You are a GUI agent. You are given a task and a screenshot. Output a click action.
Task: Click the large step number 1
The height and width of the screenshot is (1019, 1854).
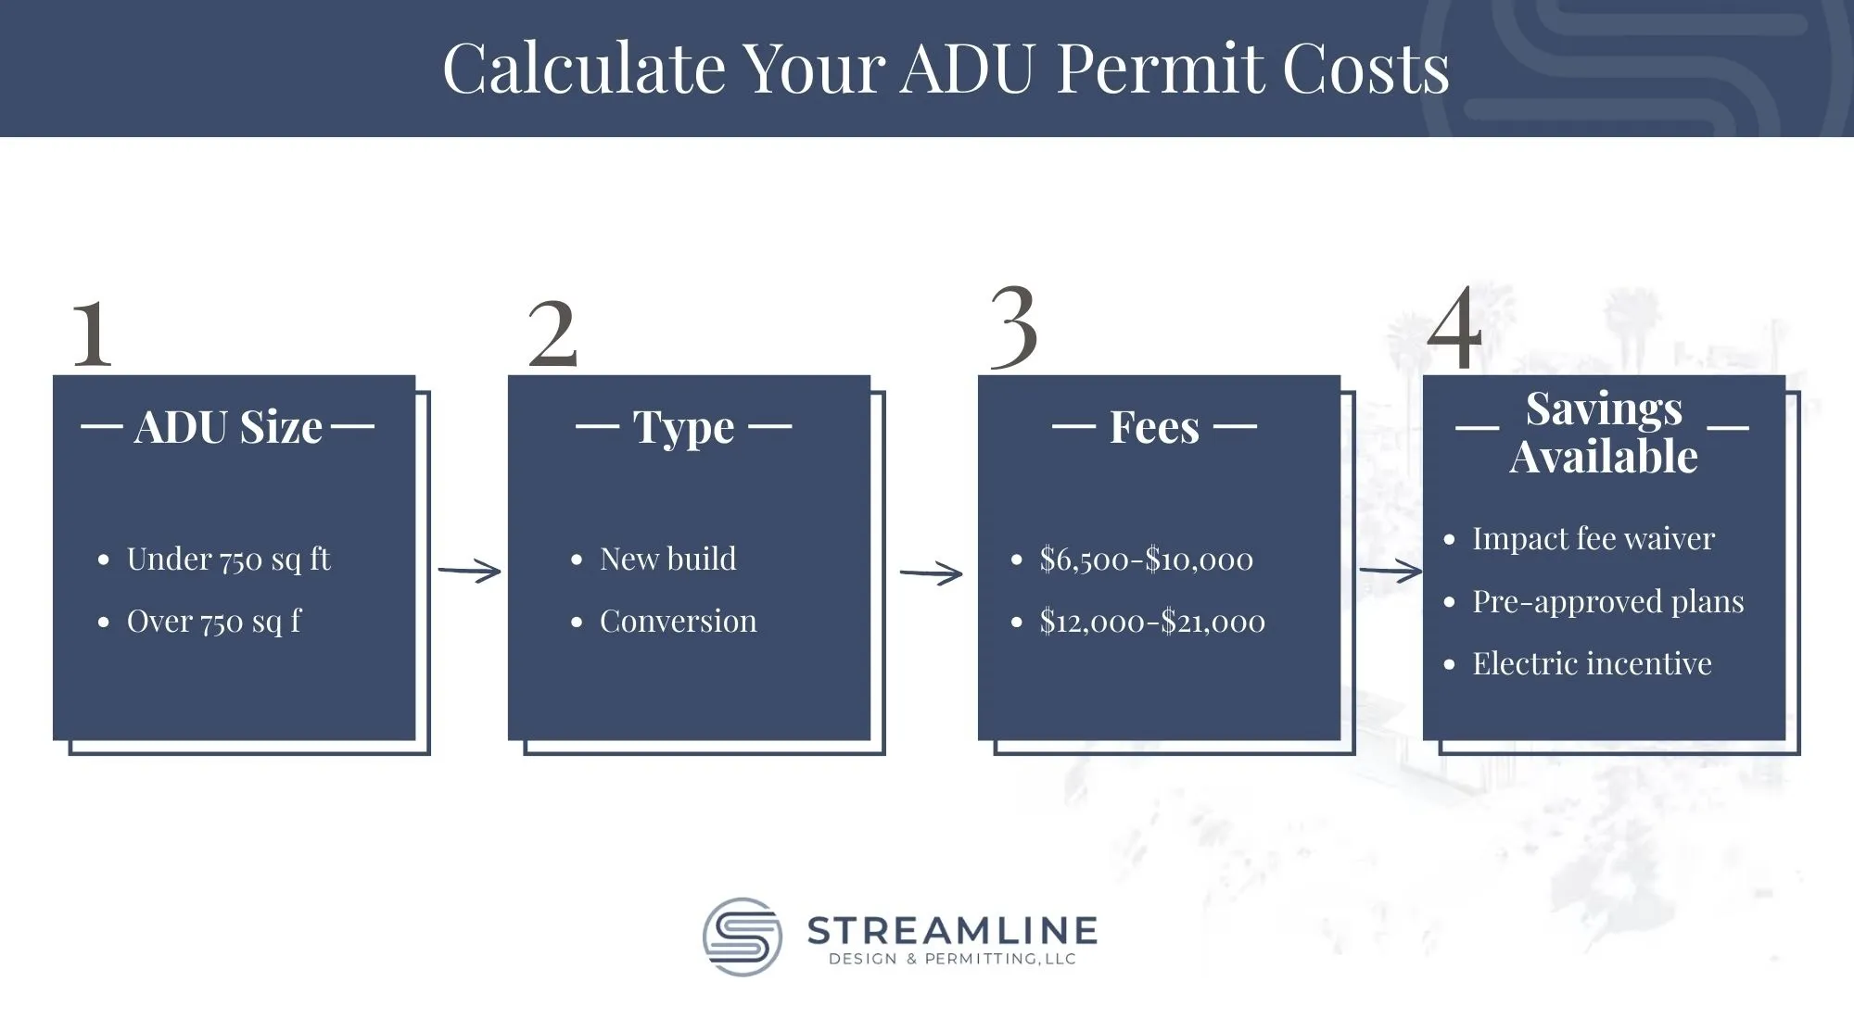coord(92,333)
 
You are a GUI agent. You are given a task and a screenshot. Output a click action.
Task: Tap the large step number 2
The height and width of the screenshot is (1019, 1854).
coord(552,333)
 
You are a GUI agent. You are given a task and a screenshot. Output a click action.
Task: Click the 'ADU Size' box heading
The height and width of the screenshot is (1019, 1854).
coord(228,427)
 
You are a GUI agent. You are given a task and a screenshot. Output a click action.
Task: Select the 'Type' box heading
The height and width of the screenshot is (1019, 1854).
coord(683,428)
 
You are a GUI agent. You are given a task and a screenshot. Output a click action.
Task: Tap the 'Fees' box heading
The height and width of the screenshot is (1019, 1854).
coord(1154,427)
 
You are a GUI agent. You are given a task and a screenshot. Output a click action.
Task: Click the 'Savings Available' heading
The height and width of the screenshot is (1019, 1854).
coord(1604,433)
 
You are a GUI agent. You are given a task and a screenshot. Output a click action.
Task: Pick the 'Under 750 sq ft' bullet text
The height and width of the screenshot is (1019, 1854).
coord(228,560)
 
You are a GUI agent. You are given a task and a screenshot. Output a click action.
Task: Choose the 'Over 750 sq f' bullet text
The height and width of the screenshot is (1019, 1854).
coord(214,622)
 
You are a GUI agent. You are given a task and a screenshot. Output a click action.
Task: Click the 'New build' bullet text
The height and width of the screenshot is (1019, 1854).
coord(667,560)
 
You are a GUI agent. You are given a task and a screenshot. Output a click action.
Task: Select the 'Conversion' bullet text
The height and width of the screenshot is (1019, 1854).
coord(678,622)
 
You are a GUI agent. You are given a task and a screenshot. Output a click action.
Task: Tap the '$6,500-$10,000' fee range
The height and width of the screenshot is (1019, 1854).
coord(1146,560)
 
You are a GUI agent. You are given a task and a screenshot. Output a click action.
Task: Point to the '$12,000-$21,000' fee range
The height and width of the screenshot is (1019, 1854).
coord(1152,622)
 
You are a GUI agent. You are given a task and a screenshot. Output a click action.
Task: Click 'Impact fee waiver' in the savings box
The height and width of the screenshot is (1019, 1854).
coord(1594,539)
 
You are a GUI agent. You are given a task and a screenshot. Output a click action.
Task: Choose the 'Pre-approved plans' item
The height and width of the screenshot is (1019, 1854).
coord(1608,602)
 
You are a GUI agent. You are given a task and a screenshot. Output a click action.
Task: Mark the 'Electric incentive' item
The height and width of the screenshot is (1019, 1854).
coord(1592,664)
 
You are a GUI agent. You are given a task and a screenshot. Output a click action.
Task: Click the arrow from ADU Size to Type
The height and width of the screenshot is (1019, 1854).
coord(469,572)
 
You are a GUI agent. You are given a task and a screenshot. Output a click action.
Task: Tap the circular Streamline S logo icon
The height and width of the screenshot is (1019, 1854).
coord(742,937)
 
